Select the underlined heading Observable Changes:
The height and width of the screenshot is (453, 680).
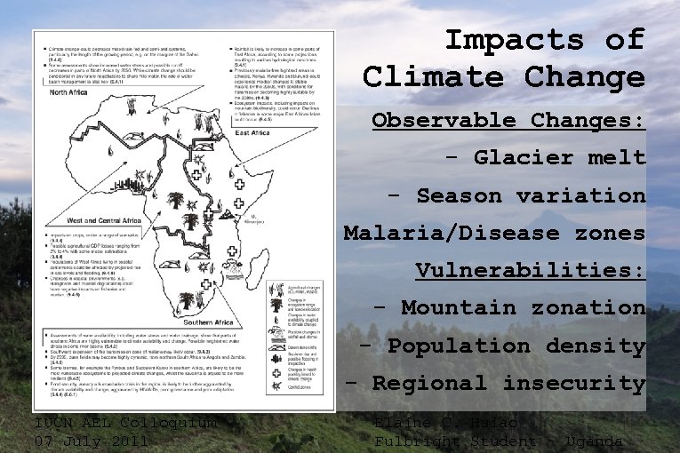point(508,120)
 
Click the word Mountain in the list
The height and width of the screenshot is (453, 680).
point(458,308)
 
